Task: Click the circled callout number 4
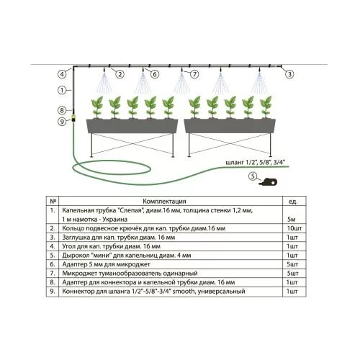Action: (x=62, y=74)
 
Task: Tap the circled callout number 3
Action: (x=289, y=74)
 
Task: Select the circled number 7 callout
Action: (x=194, y=74)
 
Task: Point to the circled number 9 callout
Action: (x=62, y=122)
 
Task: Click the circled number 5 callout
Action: (x=253, y=176)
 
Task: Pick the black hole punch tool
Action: (x=268, y=182)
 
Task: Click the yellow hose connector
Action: (x=73, y=118)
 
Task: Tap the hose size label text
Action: (x=256, y=162)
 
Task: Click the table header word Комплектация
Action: (x=164, y=201)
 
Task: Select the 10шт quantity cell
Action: (x=294, y=228)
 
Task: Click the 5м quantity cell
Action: (x=292, y=219)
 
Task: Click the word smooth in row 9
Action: (x=184, y=292)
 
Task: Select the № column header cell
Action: (x=53, y=201)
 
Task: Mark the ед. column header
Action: (x=293, y=202)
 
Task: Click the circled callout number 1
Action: (x=62, y=90)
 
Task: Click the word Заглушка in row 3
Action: (x=76, y=237)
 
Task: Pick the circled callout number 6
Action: (x=155, y=74)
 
